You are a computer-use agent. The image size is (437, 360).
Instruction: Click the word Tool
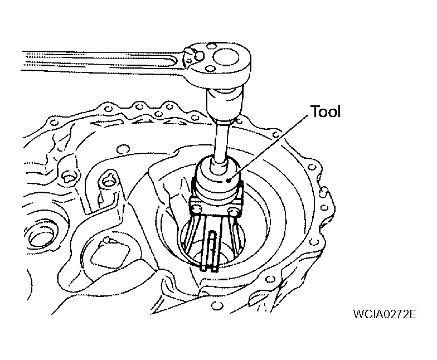[326, 111]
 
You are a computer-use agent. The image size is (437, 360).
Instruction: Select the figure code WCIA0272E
[385, 314]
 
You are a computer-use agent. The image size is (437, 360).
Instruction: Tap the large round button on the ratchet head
[226, 58]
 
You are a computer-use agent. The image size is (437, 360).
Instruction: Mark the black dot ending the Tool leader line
[229, 181]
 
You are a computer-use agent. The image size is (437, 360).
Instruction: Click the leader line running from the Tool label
[269, 148]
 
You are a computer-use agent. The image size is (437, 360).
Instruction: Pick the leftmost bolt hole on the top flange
[54, 122]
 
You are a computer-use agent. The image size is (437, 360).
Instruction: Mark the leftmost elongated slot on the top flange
[107, 121]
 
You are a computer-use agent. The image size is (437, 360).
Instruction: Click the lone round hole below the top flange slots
[122, 149]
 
